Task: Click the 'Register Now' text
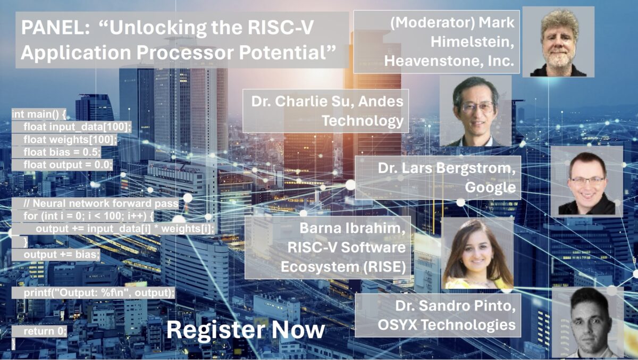pos(245,330)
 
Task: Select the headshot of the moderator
pos(558,41)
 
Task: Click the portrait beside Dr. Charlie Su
pos(475,111)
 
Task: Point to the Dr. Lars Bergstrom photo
pos(586,181)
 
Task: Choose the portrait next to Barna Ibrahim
pos(477,254)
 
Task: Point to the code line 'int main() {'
pos(39,113)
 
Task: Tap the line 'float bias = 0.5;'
pos(62,152)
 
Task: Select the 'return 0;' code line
pos(45,331)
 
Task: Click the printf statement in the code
pos(99,293)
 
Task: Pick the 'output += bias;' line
pos(62,255)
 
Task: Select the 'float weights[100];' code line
pos(70,139)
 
